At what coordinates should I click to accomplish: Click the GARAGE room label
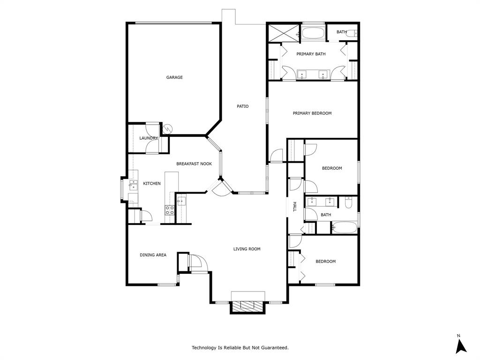(174, 77)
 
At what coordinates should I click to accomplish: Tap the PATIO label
(242, 106)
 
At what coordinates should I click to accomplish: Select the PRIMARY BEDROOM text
(312, 113)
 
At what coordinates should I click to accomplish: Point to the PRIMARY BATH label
(311, 54)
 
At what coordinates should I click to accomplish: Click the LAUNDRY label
(149, 138)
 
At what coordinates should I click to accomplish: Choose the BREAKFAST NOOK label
(194, 164)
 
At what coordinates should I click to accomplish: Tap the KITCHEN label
(152, 183)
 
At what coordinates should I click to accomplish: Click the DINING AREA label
(153, 255)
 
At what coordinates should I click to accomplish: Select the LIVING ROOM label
(247, 249)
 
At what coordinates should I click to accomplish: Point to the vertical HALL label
(295, 207)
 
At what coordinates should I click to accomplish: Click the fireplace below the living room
(247, 306)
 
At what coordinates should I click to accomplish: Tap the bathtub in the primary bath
(313, 33)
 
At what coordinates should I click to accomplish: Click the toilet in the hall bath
(348, 202)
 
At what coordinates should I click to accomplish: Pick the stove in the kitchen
(169, 210)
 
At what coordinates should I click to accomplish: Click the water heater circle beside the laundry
(167, 128)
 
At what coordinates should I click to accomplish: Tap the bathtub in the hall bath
(345, 228)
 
